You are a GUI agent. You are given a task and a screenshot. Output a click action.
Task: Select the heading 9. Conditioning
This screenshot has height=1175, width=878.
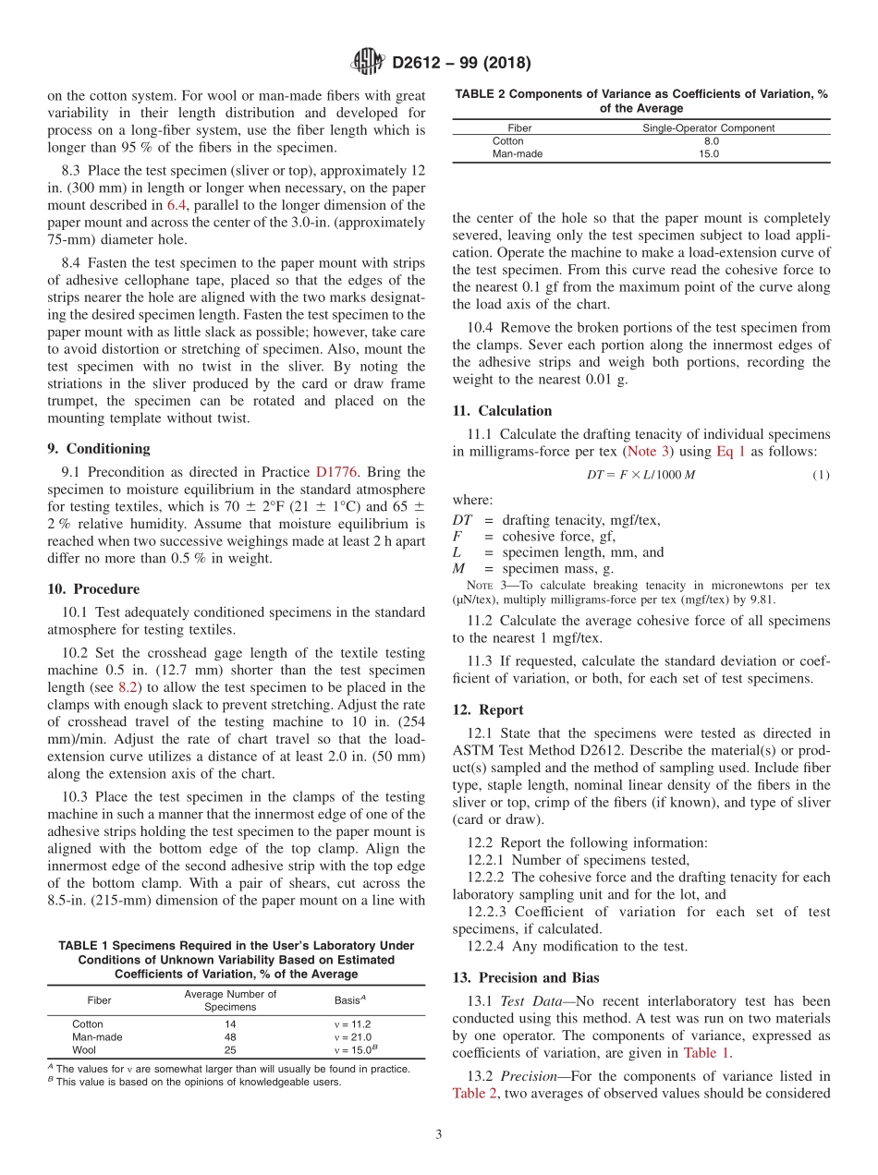coord(98,449)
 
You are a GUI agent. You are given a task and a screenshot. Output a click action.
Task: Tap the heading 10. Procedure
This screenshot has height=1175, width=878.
coord(93,589)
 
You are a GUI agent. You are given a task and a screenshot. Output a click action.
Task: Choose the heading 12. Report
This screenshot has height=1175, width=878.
coord(488,710)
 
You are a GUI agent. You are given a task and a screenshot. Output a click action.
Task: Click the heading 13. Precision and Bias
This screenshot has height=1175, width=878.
coord(526,978)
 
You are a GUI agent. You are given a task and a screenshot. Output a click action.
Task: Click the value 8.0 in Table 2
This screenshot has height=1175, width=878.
coord(710,141)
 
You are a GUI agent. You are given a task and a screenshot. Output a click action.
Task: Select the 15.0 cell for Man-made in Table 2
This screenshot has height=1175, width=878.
coord(709,154)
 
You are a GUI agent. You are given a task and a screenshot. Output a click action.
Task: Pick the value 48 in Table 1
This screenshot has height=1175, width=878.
coord(231,1037)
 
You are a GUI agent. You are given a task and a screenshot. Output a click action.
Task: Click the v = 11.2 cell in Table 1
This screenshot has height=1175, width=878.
coord(352,1024)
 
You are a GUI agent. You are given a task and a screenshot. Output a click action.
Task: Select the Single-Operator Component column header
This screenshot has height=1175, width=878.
coord(709,128)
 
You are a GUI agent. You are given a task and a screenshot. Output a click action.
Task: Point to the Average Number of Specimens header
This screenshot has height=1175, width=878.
coord(231,1000)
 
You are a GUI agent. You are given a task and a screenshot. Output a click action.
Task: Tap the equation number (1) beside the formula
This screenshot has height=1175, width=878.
coord(821,475)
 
